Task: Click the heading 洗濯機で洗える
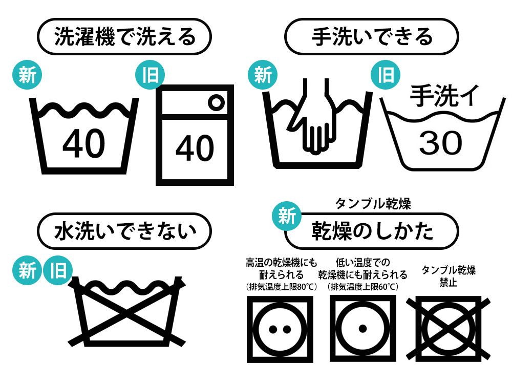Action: (x=125, y=36)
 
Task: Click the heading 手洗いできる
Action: (x=372, y=36)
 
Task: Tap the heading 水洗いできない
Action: (x=125, y=231)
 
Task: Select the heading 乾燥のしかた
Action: (x=372, y=231)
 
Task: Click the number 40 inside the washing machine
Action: (x=195, y=148)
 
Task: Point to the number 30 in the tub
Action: (x=441, y=143)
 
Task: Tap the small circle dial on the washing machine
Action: (x=216, y=102)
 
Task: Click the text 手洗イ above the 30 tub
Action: (x=444, y=96)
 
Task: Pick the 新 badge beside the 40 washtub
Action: (x=27, y=75)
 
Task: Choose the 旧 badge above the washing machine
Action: (x=150, y=75)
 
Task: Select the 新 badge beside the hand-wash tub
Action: (x=263, y=75)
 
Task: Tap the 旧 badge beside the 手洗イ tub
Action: (x=386, y=75)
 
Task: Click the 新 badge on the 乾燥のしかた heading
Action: (x=287, y=216)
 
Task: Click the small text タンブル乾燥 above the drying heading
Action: (x=373, y=204)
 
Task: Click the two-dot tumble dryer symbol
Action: (x=280, y=329)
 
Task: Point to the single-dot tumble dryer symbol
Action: (x=362, y=329)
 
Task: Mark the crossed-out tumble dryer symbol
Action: (x=449, y=329)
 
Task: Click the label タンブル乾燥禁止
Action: (x=449, y=276)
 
